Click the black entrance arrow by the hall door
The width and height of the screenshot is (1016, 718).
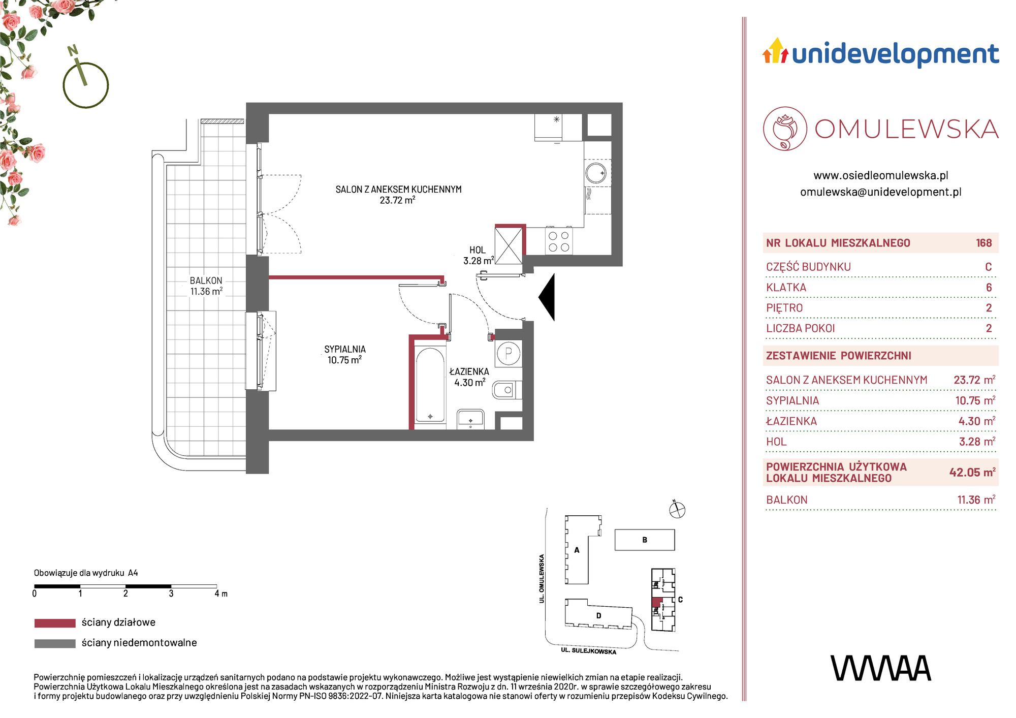click(x=548, y=297)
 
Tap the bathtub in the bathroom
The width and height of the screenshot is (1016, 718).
click(x=430, y=385)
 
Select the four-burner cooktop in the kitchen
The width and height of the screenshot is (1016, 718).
click(x=559, y=241)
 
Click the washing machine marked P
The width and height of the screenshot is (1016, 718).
click(x=509, y=353)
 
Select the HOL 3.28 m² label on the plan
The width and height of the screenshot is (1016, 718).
click(x=478, y=255)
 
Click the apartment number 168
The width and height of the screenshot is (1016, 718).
click(x=983, y=243)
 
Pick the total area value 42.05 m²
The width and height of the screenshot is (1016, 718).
click(x=972, y=472)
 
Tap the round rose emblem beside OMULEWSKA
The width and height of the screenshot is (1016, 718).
click(x=785, y=129)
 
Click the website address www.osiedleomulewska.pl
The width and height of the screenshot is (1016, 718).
click(x=881, y=176)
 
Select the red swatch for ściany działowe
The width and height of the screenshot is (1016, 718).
click(x=55, y=623)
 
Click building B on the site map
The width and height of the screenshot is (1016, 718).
click(x=645, y=540)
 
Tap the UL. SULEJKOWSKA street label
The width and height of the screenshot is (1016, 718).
click(x=588, y=651)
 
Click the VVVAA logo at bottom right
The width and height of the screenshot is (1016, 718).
click(x=881, y=668)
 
